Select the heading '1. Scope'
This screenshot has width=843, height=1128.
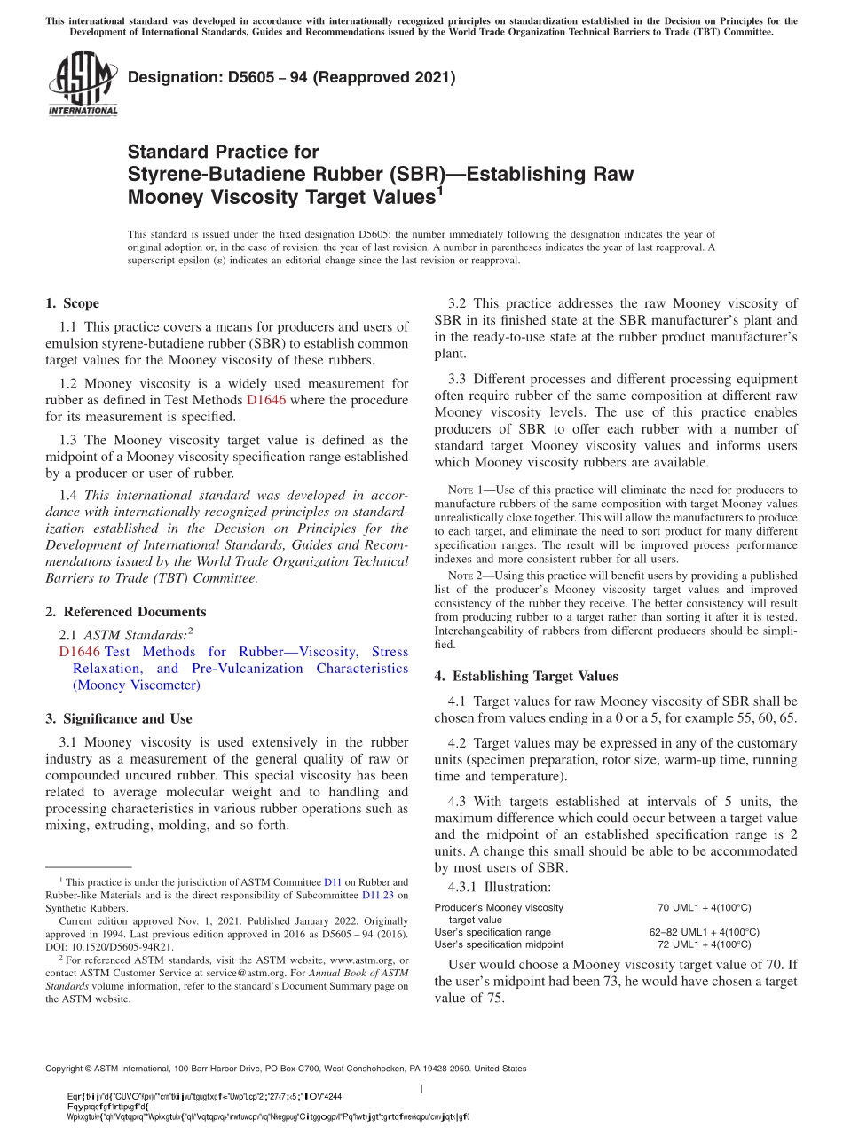[x=72, y=303]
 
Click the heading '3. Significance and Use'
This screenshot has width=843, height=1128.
[x=118, y=718]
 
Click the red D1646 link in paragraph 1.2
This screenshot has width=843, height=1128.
[x=265, y=400]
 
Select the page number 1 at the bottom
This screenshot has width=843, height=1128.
[x=421, y=1089]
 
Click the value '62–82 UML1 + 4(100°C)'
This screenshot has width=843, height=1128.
[x=705, y=932]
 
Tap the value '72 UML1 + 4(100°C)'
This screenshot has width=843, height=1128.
[x=705, y=944]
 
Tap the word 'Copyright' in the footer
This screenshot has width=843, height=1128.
[x=68, y=1069]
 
